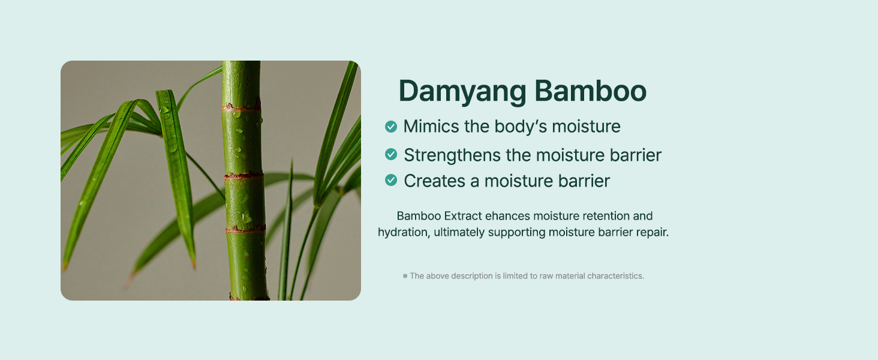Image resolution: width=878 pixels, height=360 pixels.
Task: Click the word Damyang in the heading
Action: [x=462, y=92]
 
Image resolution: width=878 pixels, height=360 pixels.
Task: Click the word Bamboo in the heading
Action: [x=590, y=91]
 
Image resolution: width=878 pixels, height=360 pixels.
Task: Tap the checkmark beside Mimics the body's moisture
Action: [x=391, y=127]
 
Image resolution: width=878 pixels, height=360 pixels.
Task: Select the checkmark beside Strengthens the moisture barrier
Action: [x=391, y=154]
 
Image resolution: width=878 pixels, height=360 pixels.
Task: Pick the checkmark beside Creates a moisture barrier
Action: [x=391, y=180]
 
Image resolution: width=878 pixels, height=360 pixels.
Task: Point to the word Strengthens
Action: [x=452, y=155]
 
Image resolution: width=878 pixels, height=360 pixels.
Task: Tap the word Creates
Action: [x=435, y=181]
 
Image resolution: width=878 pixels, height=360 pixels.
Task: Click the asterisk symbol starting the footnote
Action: [x=405, y=276]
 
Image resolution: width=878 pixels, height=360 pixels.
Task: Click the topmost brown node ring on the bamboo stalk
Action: [x=241, y=107]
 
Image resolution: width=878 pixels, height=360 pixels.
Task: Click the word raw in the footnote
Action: [x=546, y=276]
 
